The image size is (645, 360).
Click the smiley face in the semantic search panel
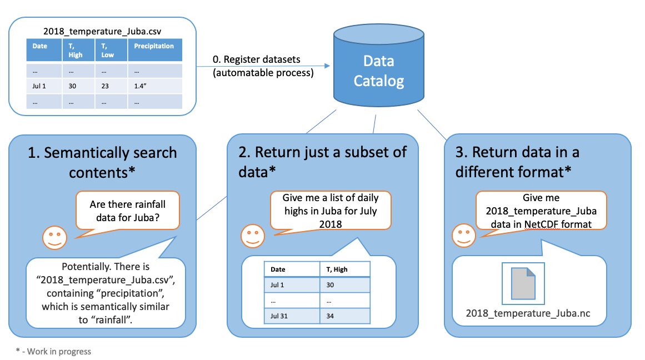coord(54,237)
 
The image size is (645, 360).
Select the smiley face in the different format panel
coord(463,236)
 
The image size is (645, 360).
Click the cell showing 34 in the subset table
coord(344,315)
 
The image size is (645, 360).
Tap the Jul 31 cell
coord(291,315)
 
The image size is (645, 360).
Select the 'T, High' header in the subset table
coord(344,269)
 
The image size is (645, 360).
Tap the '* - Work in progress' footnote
coord(53,351)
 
